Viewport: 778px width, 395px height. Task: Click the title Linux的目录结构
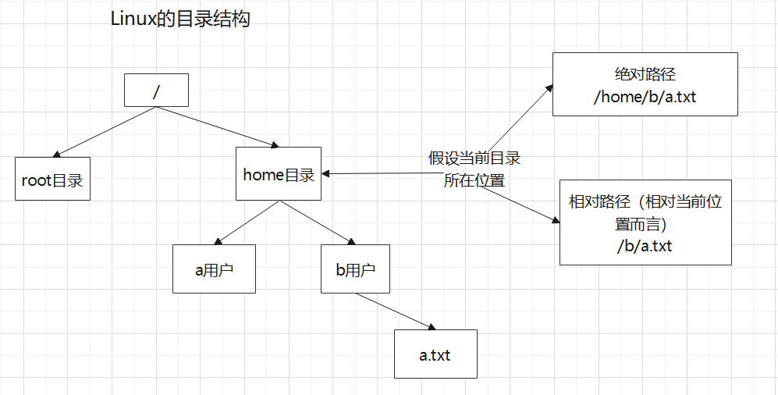(x=181, y=20)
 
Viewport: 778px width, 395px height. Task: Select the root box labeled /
(x=156, y=91)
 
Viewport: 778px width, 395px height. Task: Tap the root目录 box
(x=52, y=179)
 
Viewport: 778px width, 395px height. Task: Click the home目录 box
(x=279, y=174)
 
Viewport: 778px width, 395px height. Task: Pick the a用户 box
(x=214, y=270)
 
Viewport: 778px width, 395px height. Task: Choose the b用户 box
(x=355, y=270)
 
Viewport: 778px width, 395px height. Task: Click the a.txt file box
(x=435, y=354)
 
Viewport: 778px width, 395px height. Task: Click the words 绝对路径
(x=645, y=75)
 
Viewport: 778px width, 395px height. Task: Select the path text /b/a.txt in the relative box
(x=645, y=245)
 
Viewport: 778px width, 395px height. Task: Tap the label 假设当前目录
(x=474, y=158)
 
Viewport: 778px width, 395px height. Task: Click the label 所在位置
(x=474, y=180)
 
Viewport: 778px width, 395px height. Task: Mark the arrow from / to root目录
(x=106, y=131)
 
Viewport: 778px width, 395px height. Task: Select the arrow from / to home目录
(x=218, y=126)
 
